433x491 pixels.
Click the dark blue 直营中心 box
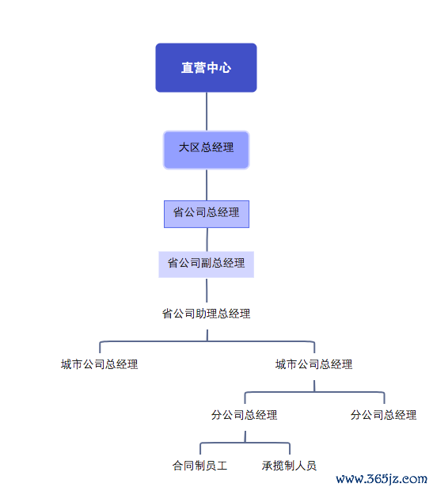pos(206,67)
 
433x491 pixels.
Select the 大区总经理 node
pos(206,150)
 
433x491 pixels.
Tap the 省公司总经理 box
pos(207,214)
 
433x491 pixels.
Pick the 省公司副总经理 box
pos(206,264)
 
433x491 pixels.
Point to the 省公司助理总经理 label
pos(206,314)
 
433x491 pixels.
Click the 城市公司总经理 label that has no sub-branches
pos(99,364)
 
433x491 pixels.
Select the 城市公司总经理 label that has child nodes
pos(313,364)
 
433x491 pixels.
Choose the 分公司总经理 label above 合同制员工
pos(245,415)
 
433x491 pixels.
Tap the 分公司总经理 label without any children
pos(384,415)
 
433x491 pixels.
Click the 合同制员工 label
pos(199,466)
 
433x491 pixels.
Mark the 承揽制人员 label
pos(289,466)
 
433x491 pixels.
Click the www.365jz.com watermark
pos(382,479)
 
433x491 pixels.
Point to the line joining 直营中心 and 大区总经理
pos(207,112)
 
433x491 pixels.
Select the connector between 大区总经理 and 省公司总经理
pos(207,185)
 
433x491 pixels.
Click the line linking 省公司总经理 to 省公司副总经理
pos(207,239)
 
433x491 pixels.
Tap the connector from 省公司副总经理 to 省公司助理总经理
pos(207,291)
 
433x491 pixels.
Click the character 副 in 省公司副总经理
pos(206,263)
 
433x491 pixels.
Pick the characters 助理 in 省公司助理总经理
pos(207,314)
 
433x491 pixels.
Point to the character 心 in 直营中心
pos(225,67)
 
